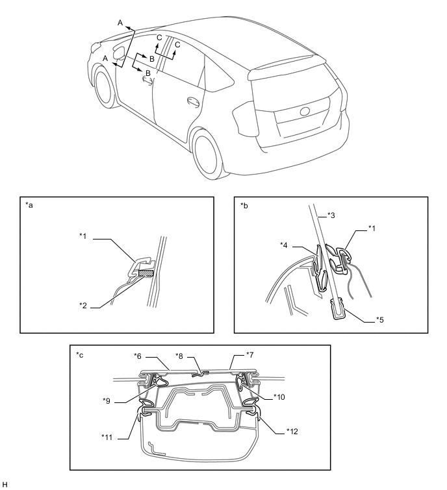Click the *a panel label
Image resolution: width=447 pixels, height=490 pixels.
pos(29,205)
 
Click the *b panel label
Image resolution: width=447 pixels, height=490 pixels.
pos(244,205)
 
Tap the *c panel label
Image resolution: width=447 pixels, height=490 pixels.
pos(79,355)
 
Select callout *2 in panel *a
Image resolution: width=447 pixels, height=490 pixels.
pos(83,305)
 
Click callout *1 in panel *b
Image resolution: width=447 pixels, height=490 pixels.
pos(372,228)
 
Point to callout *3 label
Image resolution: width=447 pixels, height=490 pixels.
pos(331,215)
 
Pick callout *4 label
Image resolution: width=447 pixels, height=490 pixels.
pos(284,245)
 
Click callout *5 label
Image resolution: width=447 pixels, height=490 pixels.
pos(379,320)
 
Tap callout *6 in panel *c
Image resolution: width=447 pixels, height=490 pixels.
pos(138,356)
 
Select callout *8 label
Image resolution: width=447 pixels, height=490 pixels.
pos(179,356)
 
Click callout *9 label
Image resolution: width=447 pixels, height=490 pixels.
pos(107,401)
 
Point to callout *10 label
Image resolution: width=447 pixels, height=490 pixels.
pos(279,397)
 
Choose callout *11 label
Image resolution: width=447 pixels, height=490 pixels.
pos(107,437)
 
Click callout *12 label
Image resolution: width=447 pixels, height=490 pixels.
pos(292,431)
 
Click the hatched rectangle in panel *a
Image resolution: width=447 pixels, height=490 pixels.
pos(146,273)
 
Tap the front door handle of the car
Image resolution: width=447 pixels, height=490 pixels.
pos(148,80)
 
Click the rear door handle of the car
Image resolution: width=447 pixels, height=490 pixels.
pos(193,101)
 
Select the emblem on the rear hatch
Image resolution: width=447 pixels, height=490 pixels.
pos(305,112)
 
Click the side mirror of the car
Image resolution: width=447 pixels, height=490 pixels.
pos(120,53)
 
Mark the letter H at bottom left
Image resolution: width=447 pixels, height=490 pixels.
pos(4,484)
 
